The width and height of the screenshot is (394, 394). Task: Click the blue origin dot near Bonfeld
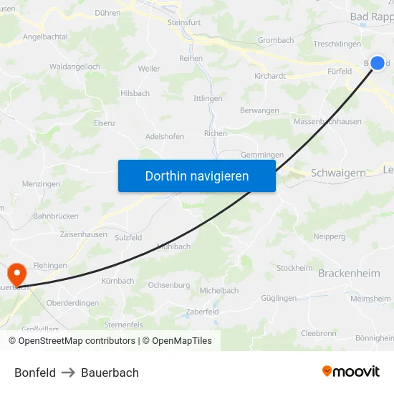[378, 63]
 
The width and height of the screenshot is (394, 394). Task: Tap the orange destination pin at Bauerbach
[16, 274]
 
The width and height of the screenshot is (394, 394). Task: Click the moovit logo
[351, 371]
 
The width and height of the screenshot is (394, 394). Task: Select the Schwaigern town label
[338, 173]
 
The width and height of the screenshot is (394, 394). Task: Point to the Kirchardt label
[270, 75]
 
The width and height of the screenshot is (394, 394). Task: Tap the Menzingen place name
[41, 184]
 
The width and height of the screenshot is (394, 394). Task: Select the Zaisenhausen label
[84, 234]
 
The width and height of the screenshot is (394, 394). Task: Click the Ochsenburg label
[168, 285]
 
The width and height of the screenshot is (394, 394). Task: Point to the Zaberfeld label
[202, 312]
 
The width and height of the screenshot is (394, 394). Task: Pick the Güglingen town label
[279, 297]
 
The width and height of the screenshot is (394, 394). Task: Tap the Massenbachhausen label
[327, 122]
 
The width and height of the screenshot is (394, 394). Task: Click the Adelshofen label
[165, 136]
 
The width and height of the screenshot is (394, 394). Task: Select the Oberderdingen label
[72, 303]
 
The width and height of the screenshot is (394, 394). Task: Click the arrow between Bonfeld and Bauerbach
[68, 373]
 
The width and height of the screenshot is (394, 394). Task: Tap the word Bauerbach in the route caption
[110, 373]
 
